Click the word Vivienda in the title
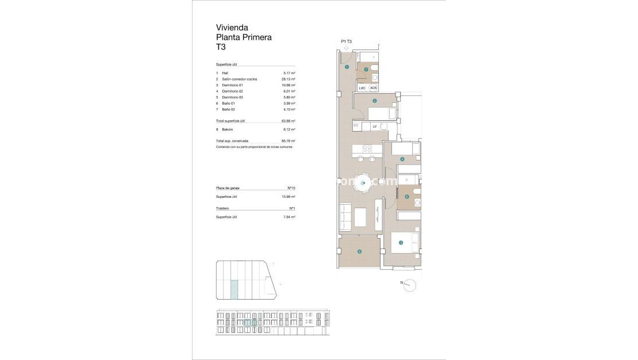point(232,27)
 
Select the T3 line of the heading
point(221,47)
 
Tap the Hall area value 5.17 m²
point(289,73)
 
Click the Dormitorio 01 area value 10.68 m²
point(289,85)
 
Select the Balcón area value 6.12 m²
point(289,129)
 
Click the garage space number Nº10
point(291,188)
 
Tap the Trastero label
point(222,208)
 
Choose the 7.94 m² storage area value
point(289,217)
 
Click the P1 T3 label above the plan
point(346,41)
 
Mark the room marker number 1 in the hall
point(347,67)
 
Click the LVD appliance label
point(362,88)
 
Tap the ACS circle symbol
point(374,88)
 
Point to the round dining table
point(363,183)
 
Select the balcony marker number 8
point(359,251)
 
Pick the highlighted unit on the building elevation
point(249,323)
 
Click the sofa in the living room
point(345,218)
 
